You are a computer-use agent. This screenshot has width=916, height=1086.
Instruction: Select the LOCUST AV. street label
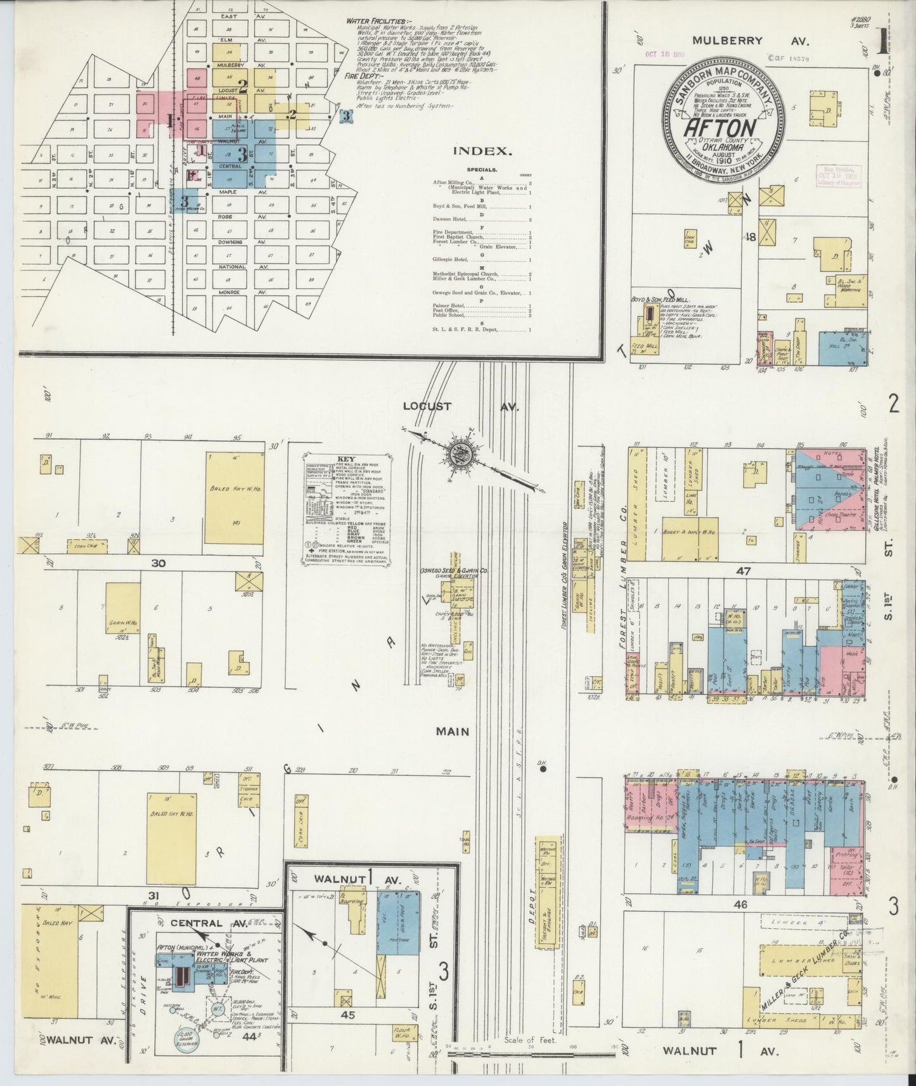tap(460, 407)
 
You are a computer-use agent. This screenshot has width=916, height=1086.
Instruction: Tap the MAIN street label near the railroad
tap(453, 732)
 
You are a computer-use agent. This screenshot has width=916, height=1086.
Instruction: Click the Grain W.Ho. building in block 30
tap(122, 608)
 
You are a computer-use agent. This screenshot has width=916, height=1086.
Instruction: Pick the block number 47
tap(742, 571)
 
